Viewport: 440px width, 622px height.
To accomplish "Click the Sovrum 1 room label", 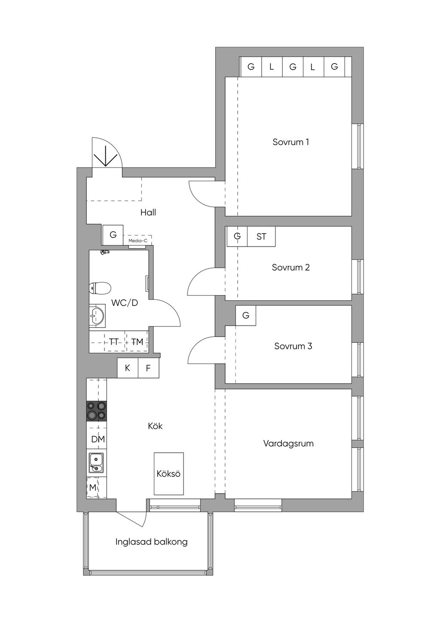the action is pos(290,142).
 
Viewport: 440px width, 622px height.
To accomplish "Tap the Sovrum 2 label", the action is pos(290,267).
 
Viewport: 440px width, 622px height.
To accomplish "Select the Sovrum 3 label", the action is pos(293,346).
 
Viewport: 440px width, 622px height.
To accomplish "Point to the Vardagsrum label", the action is pos(288,443).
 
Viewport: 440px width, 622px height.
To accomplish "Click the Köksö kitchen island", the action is pos(168,473).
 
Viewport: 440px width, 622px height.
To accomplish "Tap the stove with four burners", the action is pos(97,411).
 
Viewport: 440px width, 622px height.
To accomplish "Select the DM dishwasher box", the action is pos(98,439).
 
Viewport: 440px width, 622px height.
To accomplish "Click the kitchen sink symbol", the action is pos(97,463).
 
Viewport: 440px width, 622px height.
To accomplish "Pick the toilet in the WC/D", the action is pos(100,288).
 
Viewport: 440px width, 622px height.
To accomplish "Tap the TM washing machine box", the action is pos(137,342).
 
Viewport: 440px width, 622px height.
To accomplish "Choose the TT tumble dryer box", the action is pos(114,342).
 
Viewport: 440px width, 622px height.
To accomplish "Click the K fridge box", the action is pos(128,368).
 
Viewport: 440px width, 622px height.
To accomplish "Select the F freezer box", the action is pos(148,368).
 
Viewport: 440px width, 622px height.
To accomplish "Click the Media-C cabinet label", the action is pos(137,241).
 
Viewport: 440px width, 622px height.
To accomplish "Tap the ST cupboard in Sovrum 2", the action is pos(261,236).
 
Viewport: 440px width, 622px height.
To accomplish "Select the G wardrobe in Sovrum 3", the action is pos(246,316).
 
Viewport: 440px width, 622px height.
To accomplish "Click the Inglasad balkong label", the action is pos(151,542).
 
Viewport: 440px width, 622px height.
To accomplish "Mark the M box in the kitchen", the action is pos(93,488).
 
